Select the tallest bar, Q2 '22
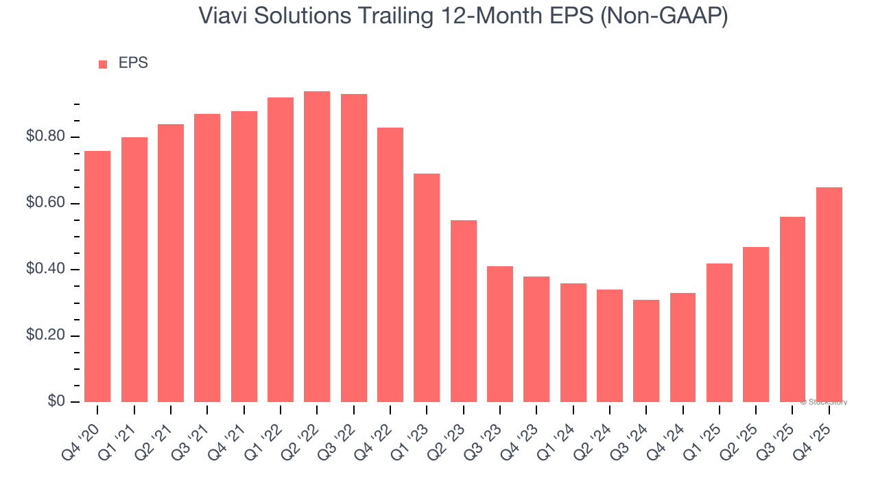317,246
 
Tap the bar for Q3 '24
646,351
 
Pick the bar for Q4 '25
829,294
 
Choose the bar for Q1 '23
427,287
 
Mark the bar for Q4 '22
390,264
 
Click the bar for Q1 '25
720,332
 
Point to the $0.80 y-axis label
46,137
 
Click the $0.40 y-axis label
46,270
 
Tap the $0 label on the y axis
56,402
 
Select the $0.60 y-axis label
46,204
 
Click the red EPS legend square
103,64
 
